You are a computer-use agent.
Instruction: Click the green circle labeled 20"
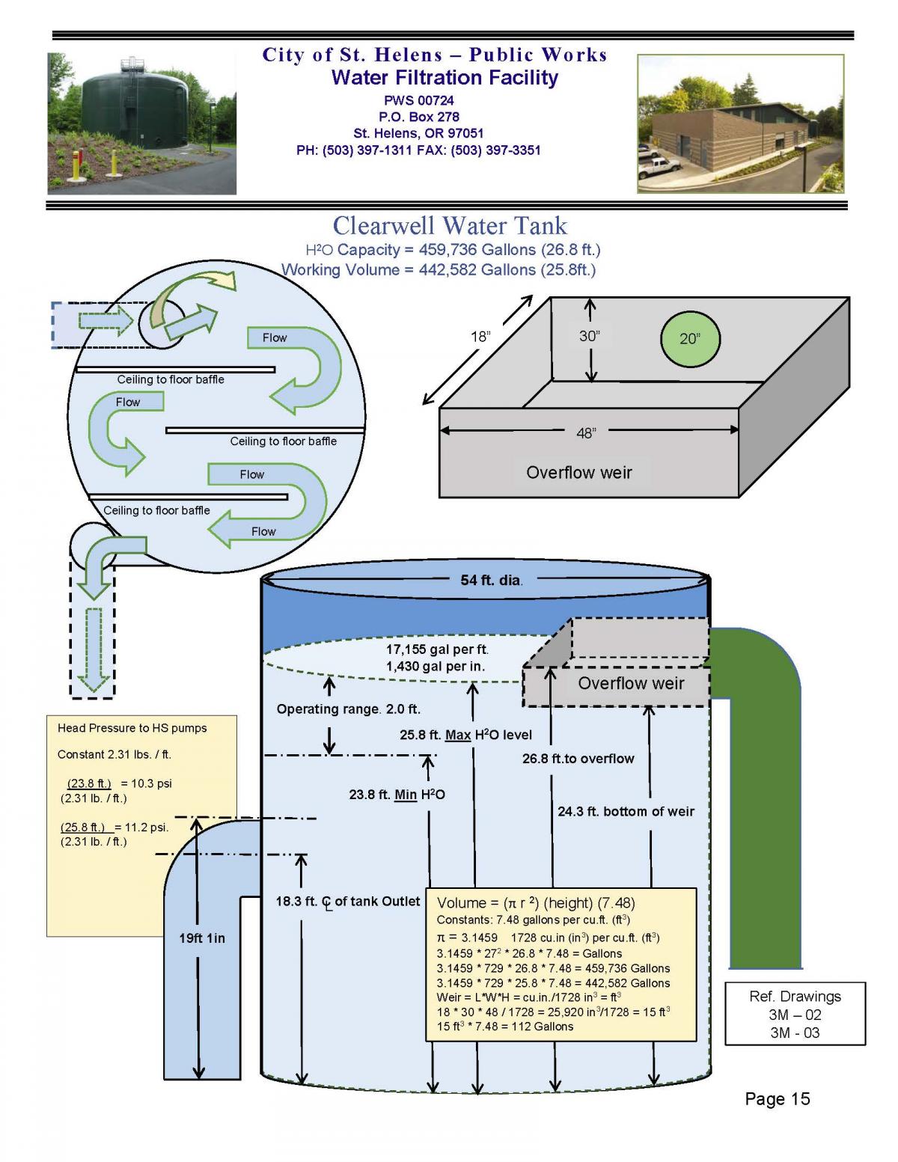click(690, 339)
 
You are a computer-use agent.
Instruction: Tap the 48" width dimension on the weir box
click(586, 432)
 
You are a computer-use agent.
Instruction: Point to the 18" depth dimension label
click(480, 337)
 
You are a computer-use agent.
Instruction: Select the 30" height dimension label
click(589, 336)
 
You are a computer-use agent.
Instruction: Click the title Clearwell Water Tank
click(450, 225)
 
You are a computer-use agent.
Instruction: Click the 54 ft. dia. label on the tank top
click(491, 580)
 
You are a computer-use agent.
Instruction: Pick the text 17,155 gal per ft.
click(437, 649)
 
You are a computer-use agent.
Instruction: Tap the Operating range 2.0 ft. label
click(348, 709)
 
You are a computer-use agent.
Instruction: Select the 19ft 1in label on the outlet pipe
click(201, 938)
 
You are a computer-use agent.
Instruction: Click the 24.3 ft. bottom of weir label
click(626, 811)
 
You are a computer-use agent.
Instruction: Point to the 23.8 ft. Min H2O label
click(397, 795)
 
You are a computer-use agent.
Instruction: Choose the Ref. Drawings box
click(795, 1014)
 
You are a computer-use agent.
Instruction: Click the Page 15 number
click(777, 1098)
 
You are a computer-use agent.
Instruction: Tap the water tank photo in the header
click(142, 123)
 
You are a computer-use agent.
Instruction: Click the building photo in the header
click(740, 123)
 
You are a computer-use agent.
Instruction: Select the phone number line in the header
click(418, 150)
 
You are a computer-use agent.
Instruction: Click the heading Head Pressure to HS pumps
click(132, 728)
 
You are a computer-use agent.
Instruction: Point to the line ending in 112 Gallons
click(504, 1027)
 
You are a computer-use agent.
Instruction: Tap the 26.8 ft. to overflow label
click(578, 759)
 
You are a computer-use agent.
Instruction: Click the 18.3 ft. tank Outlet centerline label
click(347, 902)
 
